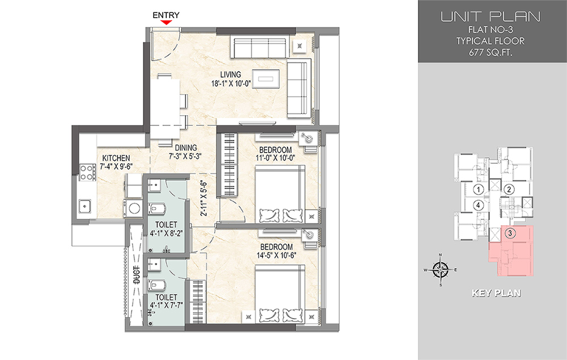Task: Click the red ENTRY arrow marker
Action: point(166,23)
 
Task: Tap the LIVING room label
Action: point(231,74)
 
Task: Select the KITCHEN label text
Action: point(116,158)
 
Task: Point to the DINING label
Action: point(186,148)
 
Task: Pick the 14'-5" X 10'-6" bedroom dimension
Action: point(276,255)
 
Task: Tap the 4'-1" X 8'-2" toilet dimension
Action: point(166,234)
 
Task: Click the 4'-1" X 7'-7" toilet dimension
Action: point(166,306)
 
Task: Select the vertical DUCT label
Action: point(137,274)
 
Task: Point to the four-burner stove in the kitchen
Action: point(87,172)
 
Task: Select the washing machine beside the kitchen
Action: point(134,209)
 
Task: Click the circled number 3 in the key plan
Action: point(510,233)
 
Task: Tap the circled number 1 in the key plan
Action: point(479,189)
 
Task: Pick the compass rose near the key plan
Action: point(440,270)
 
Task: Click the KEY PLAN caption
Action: point(497,293)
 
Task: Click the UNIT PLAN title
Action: point(490,16)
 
